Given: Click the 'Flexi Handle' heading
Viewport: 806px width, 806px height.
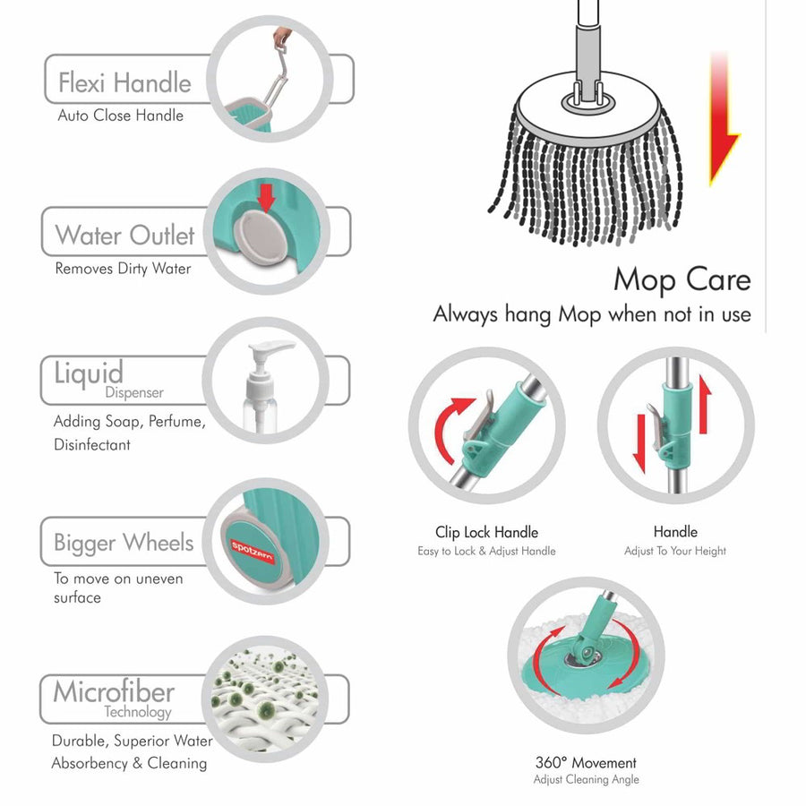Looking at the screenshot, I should point(124,83).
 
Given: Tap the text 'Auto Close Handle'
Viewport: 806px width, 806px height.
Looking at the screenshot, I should point(120,116).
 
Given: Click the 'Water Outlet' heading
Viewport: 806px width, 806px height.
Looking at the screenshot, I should point(124,236).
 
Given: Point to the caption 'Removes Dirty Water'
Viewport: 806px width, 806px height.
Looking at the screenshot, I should point(123,269).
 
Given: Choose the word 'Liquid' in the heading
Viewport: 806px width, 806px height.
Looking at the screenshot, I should point(88,373).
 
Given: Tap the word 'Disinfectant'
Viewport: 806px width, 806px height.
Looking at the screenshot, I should point(91,445).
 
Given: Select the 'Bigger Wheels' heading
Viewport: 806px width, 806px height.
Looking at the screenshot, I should point(124,543).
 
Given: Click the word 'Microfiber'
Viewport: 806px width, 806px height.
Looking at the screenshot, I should point(113,691).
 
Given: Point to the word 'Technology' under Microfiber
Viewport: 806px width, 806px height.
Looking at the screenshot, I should point(137,713).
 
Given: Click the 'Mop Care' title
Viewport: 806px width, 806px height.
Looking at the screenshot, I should point(682,279).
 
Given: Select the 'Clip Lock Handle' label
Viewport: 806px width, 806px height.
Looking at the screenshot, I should point(486,532).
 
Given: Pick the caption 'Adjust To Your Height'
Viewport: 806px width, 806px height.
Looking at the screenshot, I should point(675,551).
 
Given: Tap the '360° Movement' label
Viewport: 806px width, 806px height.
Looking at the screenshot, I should point(586,763).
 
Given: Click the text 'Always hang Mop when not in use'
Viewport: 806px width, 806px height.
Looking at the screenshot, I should point(592,314).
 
